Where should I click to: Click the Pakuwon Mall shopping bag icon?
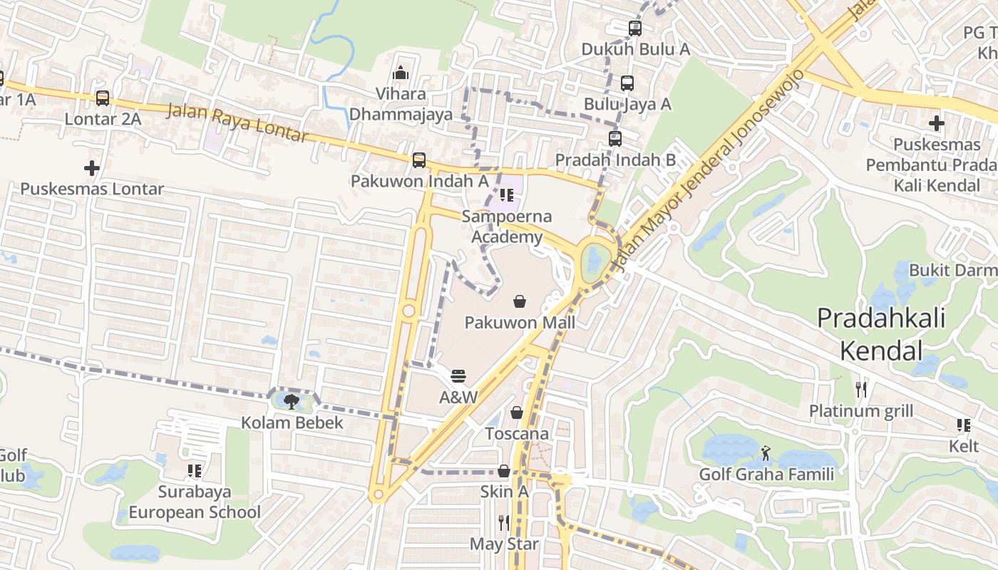(520, 301)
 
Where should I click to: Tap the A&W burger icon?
(458, 375)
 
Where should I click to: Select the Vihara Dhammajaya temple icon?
(401, 73)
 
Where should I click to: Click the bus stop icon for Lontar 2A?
(103, 98)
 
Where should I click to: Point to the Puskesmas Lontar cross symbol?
(91, 168)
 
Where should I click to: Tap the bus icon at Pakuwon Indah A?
(419, 160)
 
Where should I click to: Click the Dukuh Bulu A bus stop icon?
(635, 28)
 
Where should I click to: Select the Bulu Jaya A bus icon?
(627, 83)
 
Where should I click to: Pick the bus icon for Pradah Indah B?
(615, 139)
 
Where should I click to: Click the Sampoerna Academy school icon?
(506, 195)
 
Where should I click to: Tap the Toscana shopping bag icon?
(517, 413)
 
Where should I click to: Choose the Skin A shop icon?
(503, 471)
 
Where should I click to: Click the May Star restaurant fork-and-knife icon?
(504, 523)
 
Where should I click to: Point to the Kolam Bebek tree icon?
(291, 402)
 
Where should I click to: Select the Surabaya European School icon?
(194, 471)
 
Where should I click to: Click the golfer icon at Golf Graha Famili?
(766, 453)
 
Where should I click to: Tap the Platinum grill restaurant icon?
(861, 389)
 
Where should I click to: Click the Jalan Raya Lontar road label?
(237, 123)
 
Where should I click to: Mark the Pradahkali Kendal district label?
(881, 333)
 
